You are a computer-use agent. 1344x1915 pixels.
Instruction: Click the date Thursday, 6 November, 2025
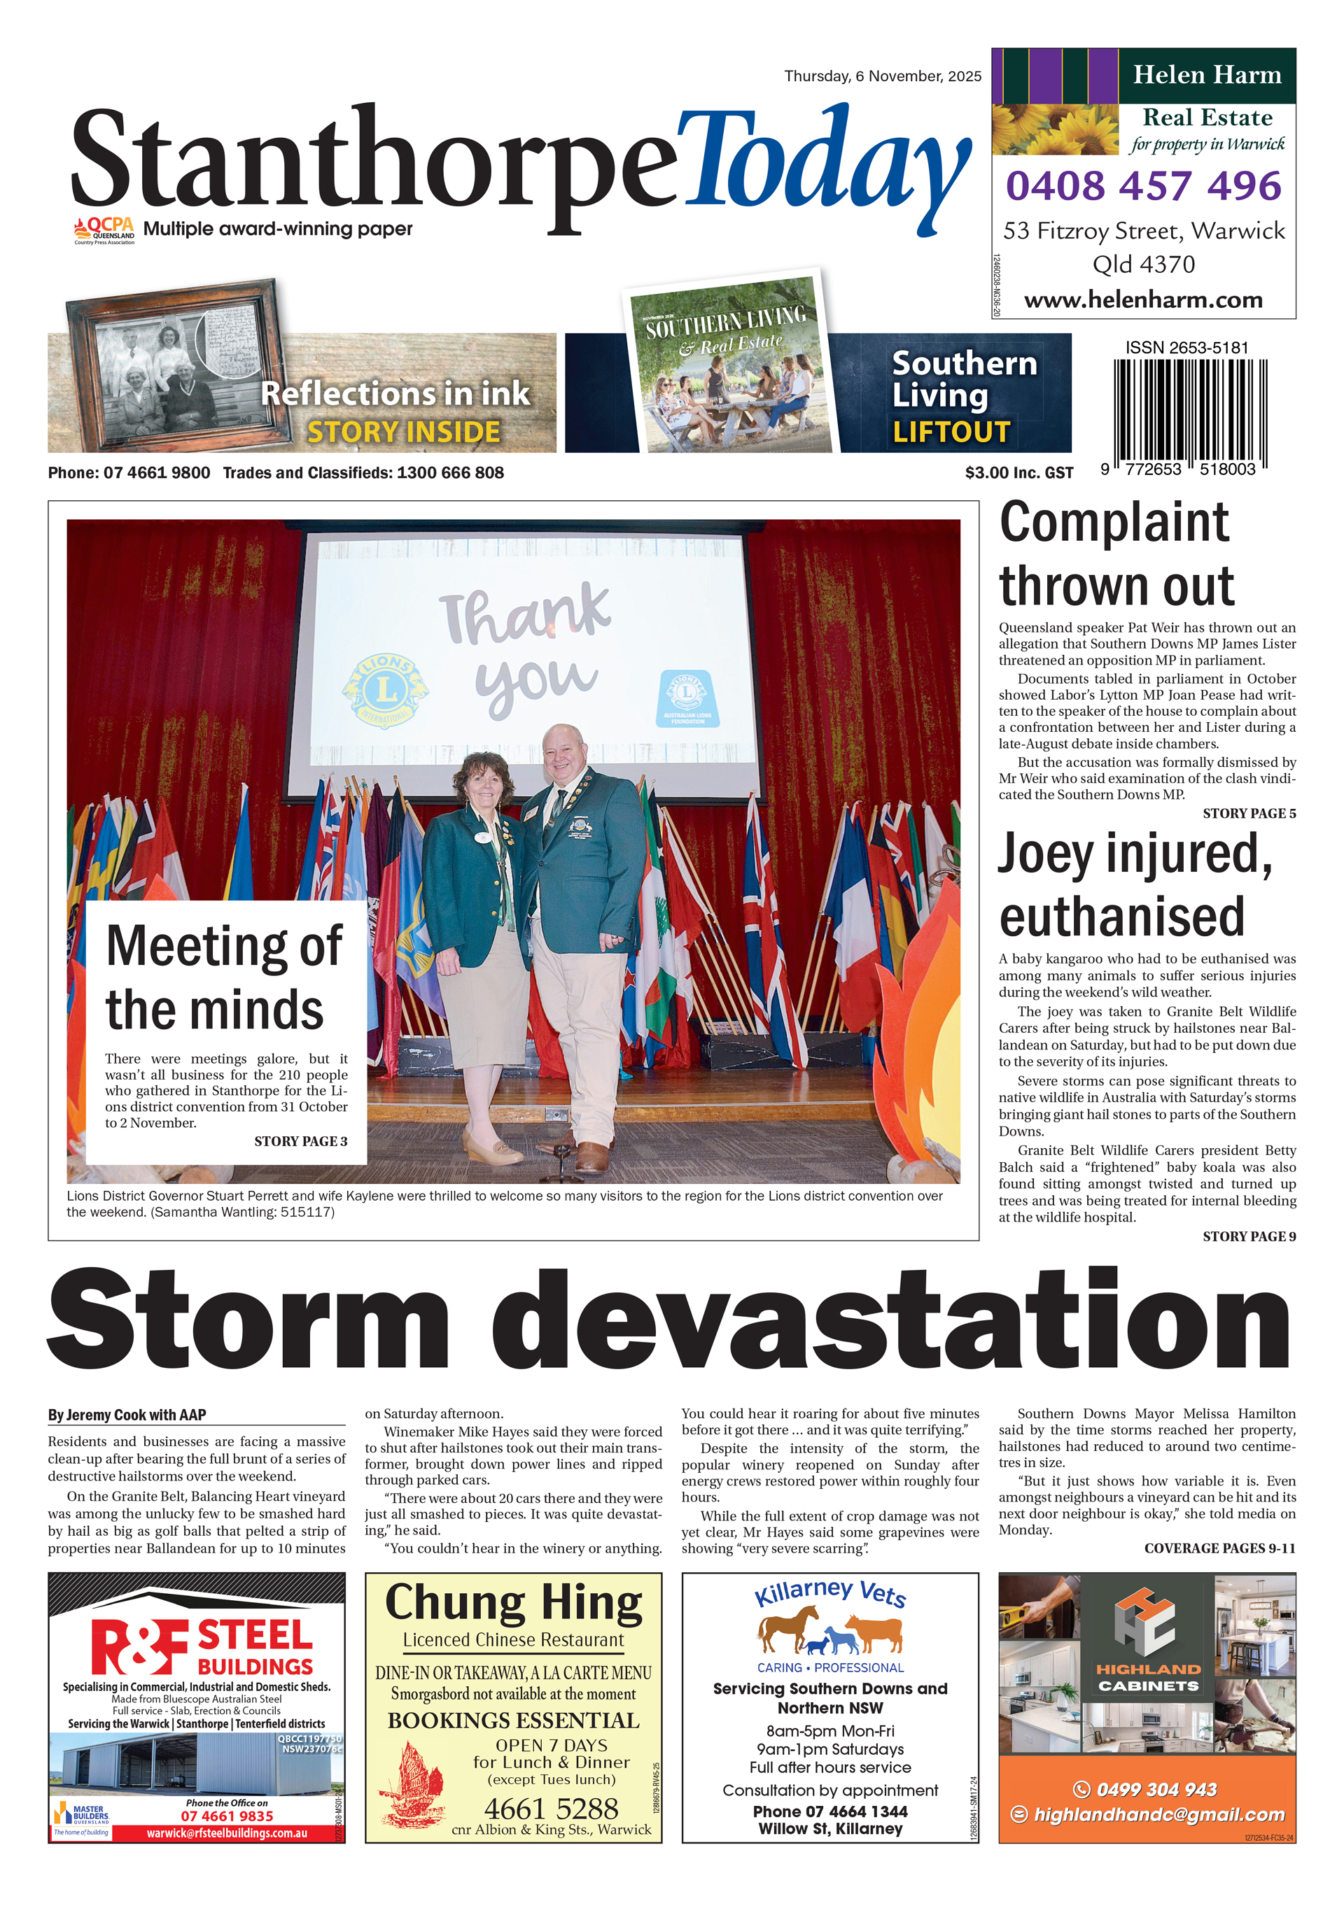pos(882,76)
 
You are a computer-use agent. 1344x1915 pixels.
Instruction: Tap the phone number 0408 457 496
pos(1143,185)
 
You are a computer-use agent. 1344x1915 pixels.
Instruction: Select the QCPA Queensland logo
pos(104,230)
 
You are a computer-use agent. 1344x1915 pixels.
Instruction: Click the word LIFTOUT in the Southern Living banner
pos(951,431)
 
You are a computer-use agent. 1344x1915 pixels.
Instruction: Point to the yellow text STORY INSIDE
pos(404,431)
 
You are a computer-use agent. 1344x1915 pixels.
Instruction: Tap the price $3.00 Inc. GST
pos(1018,473)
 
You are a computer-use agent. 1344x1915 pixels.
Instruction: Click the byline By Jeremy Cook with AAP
pos(127,1415)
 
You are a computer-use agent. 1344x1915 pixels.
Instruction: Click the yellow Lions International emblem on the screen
pos(384,690)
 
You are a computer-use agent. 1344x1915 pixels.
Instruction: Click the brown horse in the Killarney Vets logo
pos(788,1629)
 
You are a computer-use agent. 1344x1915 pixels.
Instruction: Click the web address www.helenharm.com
pos(1143,299)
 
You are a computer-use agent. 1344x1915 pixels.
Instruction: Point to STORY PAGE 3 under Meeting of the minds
pos(300,1141)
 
